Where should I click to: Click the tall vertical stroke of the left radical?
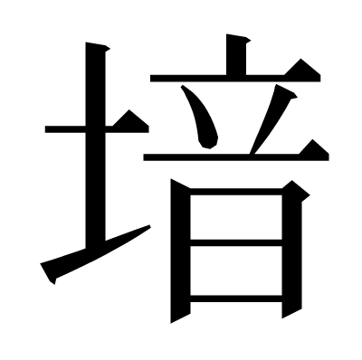pos(95,145)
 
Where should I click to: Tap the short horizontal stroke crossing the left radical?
pos(97,129)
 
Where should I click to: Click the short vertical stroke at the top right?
pos(236,54)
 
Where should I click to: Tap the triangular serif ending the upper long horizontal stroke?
pos(302,70)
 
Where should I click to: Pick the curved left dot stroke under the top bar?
pos(203,118)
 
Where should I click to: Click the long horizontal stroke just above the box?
pos(236,157)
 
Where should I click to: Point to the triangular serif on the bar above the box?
pos(314,149)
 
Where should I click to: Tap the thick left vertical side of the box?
pos(180,251)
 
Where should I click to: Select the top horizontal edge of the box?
pos(236,192)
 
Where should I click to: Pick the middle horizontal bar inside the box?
pos(236,242)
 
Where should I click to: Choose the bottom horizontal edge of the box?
pos(236,298)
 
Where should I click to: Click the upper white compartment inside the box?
pos(236,217)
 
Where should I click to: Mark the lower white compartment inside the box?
pos(236,270)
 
